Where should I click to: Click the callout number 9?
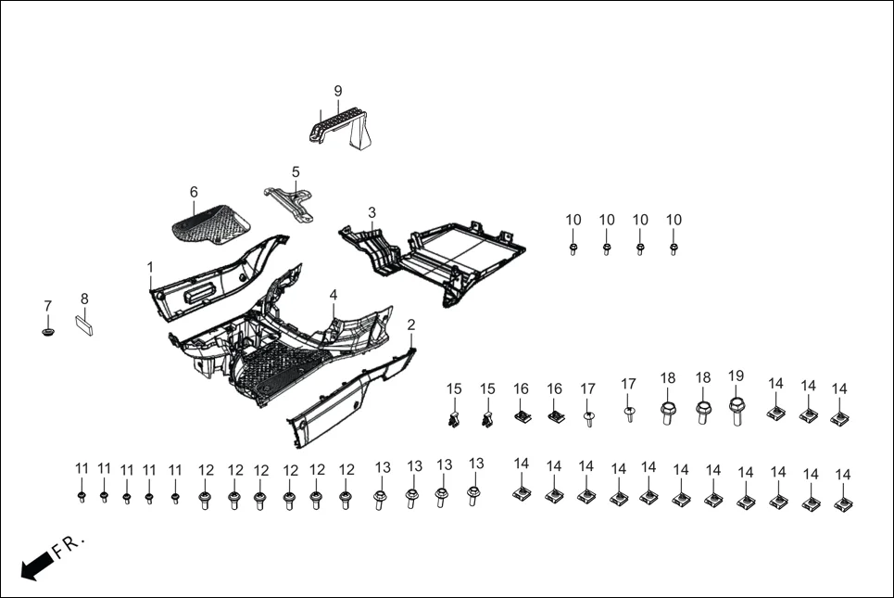click(338, 91)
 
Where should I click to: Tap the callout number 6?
click(194, 192)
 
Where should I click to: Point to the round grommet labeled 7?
click(47, 331)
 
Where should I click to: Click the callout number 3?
click(371, 212)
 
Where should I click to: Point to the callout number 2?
click(411, 324)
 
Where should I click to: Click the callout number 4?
click(334, 295)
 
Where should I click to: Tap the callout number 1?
click(150, 267)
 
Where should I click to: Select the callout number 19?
click(736, 375)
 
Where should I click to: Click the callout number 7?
click(47, 306)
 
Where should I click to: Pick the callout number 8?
click(84, 299)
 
